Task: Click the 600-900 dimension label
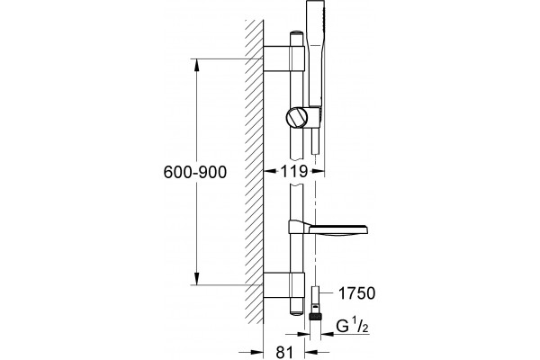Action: (195, 172)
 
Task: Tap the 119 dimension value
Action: (294, 171)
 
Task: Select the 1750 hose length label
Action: (356, 293)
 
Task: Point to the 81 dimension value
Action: (284, 353)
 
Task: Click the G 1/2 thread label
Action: (352, 326)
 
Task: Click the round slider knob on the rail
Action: (297, 118)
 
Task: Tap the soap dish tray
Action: (339, 229)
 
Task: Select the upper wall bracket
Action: (284, 58)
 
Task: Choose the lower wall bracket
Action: (284, 285)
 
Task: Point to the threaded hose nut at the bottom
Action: (315, 317)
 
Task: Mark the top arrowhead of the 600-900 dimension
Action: (196, 66)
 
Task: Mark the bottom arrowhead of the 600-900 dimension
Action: (196, 279)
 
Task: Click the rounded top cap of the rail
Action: (296, 34)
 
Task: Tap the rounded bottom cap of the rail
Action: (296, 311)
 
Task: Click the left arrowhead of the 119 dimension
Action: (270, 170)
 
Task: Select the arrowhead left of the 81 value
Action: (256, 352)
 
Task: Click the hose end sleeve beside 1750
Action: (315, 293)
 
